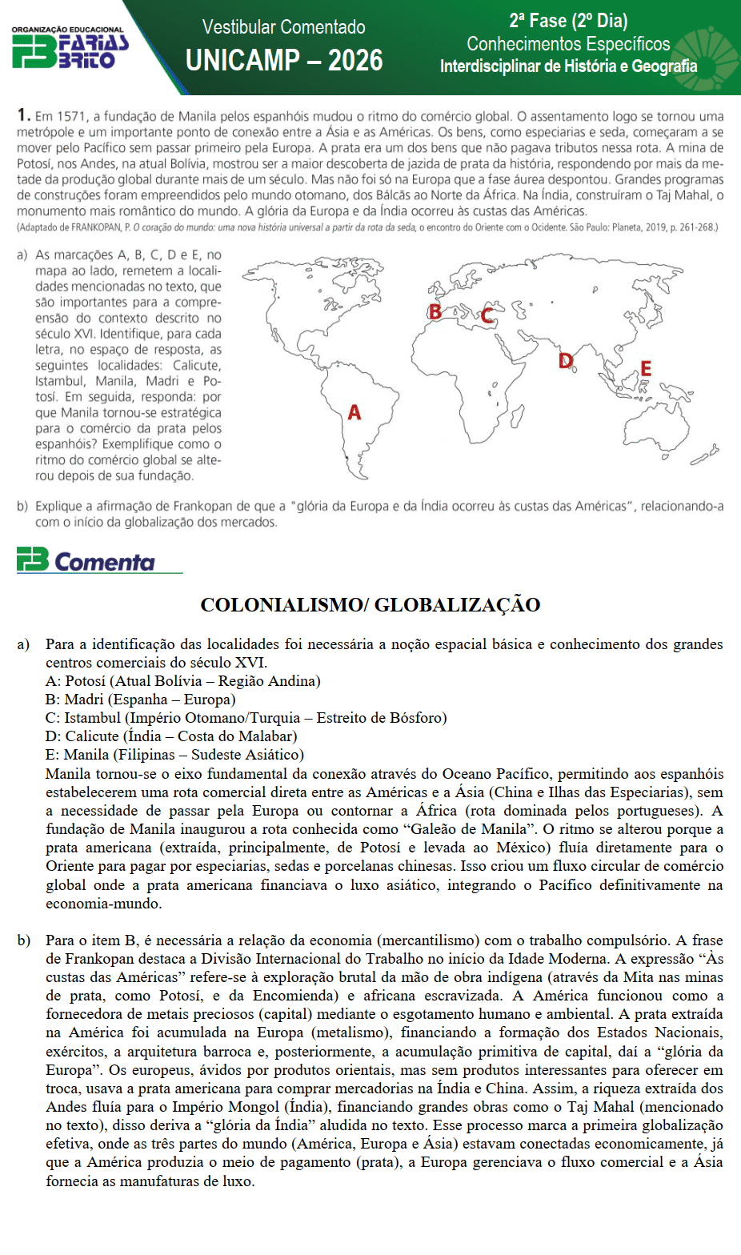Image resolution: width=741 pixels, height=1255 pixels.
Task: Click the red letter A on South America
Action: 354,412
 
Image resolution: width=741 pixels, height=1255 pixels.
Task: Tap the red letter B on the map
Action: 435,311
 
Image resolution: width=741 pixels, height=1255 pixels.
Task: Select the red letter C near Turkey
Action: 487,315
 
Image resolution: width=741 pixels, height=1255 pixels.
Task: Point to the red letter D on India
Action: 566,361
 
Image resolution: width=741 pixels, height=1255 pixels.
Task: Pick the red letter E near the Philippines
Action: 645,369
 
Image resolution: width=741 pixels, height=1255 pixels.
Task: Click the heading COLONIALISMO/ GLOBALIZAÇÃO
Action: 370,604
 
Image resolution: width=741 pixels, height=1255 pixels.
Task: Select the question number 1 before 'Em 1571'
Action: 23,115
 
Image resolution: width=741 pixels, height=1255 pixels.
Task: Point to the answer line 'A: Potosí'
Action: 182,681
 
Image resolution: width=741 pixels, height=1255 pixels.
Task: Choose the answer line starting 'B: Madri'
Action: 140,700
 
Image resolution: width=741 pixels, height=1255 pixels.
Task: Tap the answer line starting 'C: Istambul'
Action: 246,718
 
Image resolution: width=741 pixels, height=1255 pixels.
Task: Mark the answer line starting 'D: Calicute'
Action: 170,736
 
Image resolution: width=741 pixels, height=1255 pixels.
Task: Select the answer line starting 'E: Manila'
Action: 174,755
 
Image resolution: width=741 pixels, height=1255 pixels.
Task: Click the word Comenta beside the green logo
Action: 105,562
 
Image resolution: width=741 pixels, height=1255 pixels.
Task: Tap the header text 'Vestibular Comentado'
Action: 283,27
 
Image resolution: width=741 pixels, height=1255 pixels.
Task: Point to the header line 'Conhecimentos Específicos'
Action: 568,44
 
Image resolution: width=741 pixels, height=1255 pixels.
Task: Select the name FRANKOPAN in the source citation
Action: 96,227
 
